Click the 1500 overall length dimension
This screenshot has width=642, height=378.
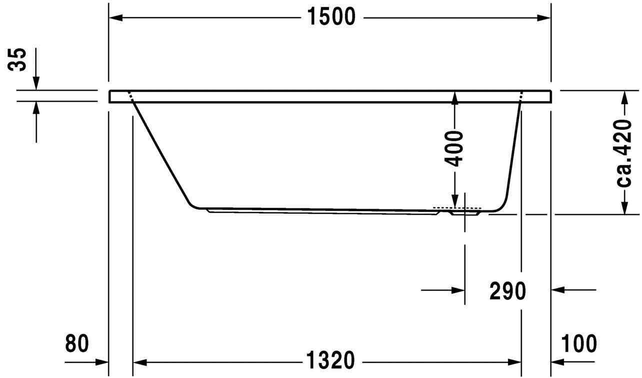[330, 18]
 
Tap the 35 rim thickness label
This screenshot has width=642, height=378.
[19, 60]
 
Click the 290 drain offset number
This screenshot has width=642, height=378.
[507, 291]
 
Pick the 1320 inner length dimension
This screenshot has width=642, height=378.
[330, 360]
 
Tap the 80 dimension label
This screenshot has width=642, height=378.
[77, 344]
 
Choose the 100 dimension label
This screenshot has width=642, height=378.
[578, 344]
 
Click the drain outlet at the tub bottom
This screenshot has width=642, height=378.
[465, 213]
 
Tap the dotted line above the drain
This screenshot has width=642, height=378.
[456, 207]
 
